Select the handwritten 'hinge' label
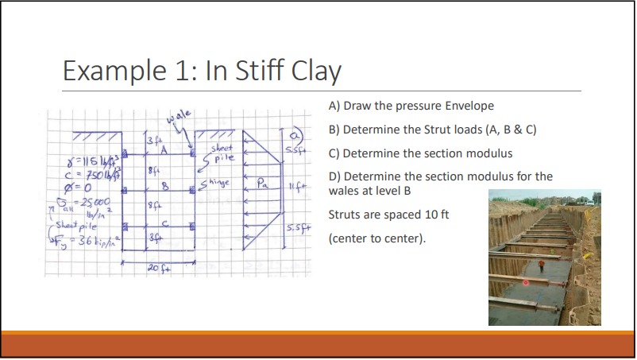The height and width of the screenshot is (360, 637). [x=217, y=184]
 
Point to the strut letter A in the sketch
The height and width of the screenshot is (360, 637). [x=164, y=149]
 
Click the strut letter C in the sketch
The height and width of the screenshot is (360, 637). [x=164, y=224]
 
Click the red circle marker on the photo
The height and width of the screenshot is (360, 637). [x=525, y=283]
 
